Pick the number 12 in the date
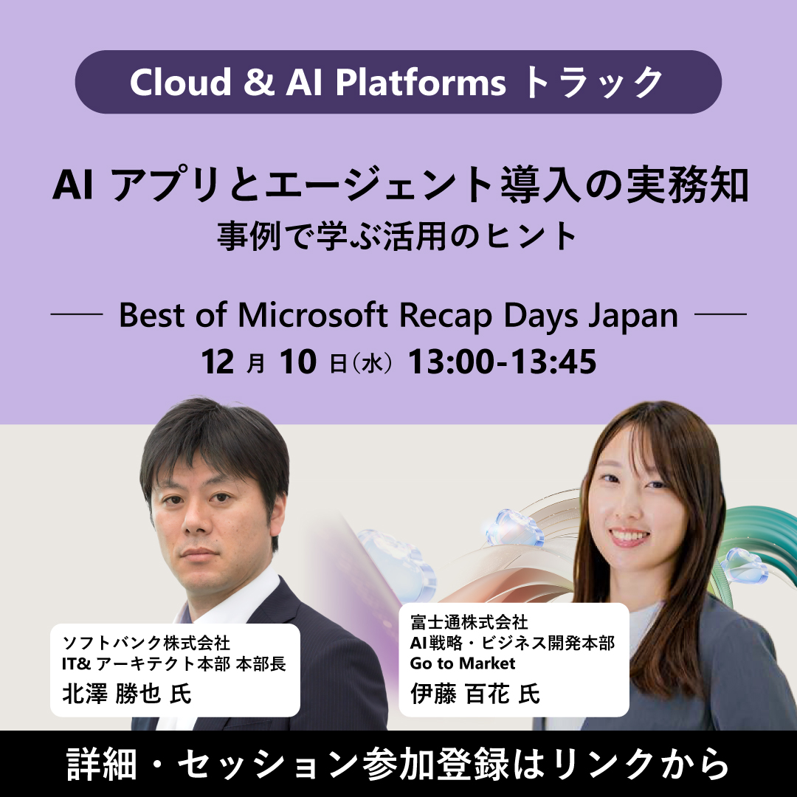(x=218, y=362)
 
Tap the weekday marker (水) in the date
(x=372, y=363)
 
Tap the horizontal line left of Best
(x=76, y=315)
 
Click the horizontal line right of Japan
(x=721, y=315)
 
